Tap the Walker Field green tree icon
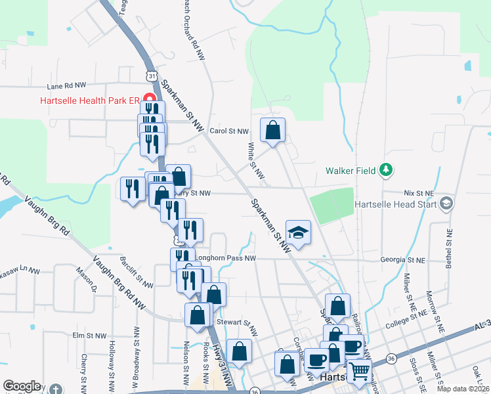point(387,171)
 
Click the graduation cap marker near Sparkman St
point(298,233)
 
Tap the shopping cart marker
point(359,371)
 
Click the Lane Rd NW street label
point(66,85)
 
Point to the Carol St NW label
point(229,131)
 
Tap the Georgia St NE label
point(403,260)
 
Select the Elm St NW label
point(89,336)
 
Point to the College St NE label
point(407,323)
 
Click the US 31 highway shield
point(152,76)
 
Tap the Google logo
point(22,386)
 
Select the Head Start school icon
point(448,204)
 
